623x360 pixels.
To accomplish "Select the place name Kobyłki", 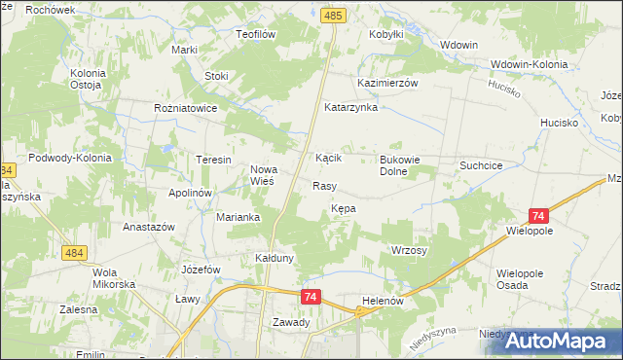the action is pos(386,34).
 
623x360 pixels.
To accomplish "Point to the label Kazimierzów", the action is pos(387,84).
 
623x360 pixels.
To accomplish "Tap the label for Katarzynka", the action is pos(350,107).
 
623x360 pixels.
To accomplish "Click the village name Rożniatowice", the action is pos(185,109).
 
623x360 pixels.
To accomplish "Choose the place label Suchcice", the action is pos(481,165).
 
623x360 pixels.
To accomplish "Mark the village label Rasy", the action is pos(324,185).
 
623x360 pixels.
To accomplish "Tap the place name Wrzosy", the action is pos(410,250).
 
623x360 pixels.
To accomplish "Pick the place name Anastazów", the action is pos(148,227).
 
